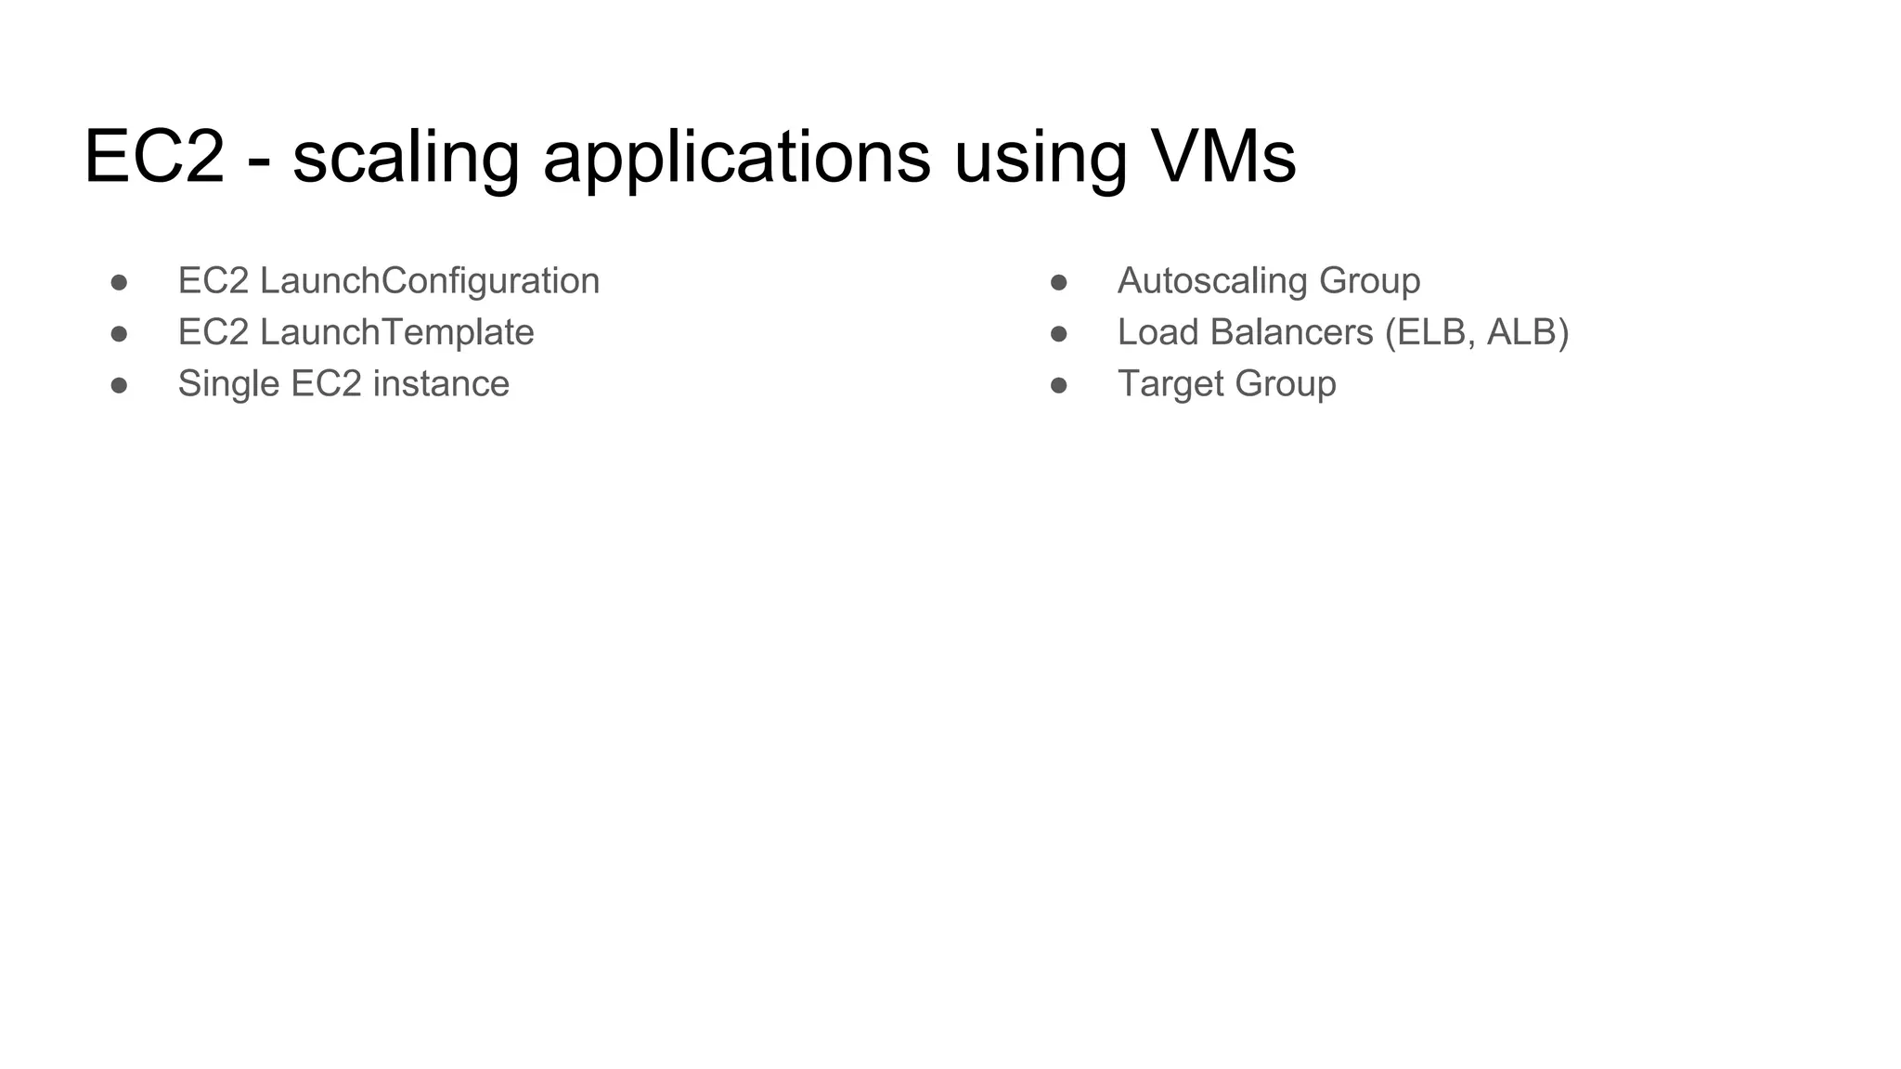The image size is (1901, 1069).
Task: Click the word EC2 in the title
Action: click(154, 156)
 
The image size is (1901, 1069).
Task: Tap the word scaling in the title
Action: click(406, 158)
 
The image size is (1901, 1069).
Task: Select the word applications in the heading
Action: click(736, 158)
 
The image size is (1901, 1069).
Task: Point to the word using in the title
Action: click(1040, 158)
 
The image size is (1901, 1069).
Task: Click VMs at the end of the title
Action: click(1222, 156)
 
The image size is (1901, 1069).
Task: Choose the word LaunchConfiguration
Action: click(430, 281)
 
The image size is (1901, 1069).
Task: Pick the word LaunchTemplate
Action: click(396, 332)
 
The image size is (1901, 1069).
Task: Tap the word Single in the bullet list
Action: click(228, 384)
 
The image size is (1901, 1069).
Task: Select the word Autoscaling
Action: click(1212, 281)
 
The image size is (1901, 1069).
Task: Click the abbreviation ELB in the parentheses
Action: click(1433, 332)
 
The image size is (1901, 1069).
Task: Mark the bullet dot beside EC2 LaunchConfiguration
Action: click(119, 282)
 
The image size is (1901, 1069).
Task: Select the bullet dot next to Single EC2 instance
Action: click(119, 385)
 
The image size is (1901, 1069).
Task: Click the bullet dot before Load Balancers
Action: click(1058, 333)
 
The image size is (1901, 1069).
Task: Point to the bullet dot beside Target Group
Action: click(1058, 385)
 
